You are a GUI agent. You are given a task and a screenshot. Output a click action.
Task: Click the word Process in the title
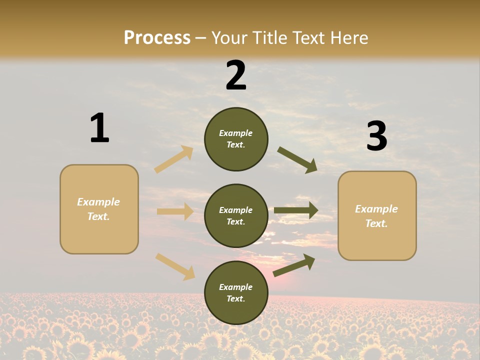157,38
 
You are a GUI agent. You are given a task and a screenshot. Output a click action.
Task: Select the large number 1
99,128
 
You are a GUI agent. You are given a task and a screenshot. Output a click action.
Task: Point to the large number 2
236,75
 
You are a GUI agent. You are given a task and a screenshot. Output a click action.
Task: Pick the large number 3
376,136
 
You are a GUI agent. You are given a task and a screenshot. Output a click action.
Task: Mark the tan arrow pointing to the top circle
174,159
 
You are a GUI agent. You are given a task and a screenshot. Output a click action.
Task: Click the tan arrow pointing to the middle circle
175,211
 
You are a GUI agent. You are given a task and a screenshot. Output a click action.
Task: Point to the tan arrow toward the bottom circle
175,266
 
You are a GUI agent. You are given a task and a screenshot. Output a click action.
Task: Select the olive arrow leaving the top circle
297,160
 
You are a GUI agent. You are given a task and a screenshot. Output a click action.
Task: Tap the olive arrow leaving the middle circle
296,210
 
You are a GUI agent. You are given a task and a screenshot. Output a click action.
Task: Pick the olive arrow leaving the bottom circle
294,265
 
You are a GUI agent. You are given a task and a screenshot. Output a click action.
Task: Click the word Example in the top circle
236,133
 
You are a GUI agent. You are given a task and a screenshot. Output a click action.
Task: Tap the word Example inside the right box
376,209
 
